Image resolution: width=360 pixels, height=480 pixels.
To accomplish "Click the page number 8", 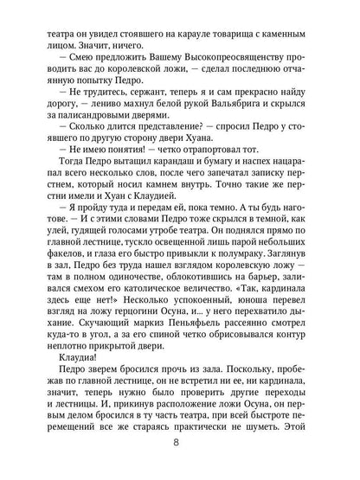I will click(x=180, y=458).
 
